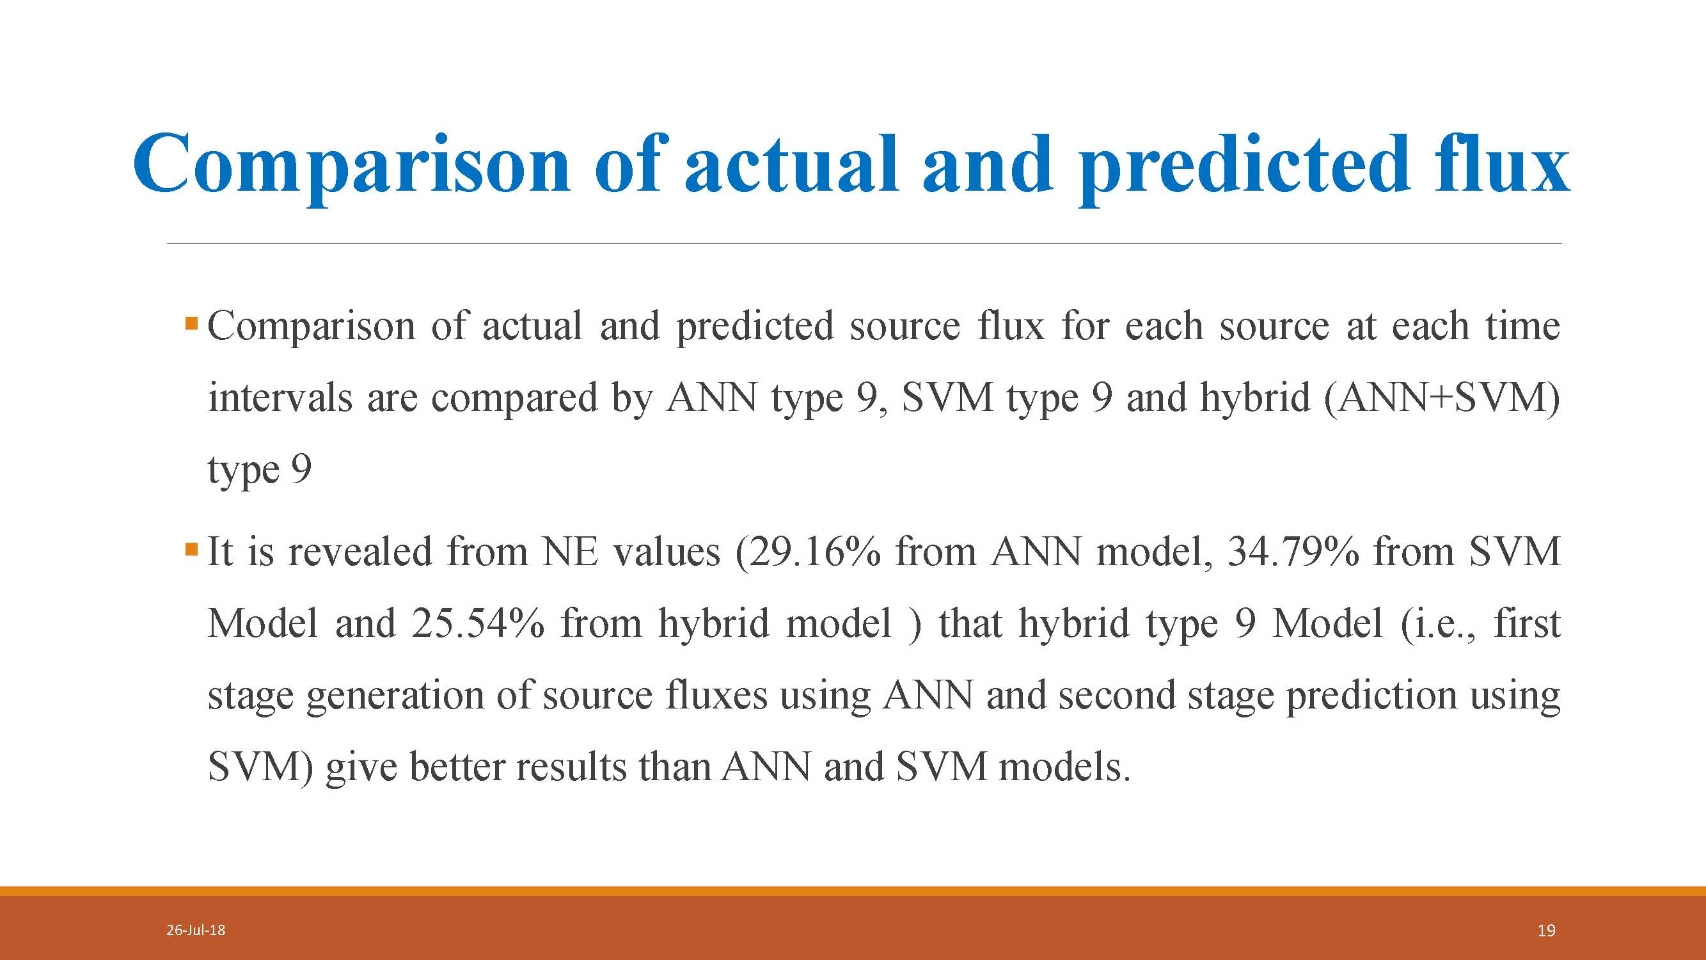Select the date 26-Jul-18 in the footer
195,930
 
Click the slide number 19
1546,931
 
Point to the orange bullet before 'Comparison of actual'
191,324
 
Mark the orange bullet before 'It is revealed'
191,549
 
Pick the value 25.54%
477,623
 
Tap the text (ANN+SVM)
1442,398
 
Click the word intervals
280,398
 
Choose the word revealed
360,551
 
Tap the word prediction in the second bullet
1371,696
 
